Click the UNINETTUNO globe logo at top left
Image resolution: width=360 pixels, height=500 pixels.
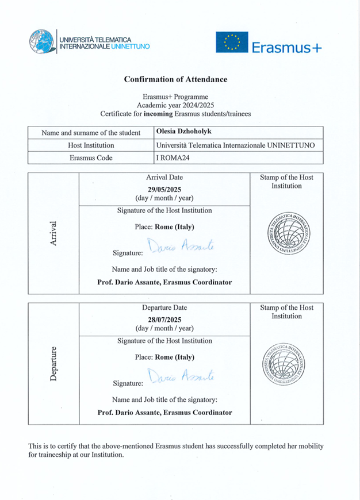(x=42, y=43)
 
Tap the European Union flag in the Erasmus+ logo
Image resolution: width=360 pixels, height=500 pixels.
(x=231, y=43)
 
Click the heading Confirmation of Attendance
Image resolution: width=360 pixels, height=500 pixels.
(x=176, y=79)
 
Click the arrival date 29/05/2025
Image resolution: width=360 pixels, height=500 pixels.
(x=164, y=189)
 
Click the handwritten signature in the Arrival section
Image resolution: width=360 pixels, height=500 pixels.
(x=180, y=246)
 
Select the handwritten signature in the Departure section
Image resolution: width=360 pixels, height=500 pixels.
(x=180, y=376)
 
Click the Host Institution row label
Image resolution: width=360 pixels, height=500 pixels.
(x=91, y=146)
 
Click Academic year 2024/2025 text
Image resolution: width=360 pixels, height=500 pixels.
(x=176, y=105)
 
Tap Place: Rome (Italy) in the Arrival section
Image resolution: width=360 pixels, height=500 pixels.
(x=164, y=226)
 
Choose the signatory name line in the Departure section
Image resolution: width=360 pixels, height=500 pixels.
(x=164, y=412)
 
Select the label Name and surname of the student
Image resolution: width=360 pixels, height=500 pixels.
(x=91, y=133)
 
